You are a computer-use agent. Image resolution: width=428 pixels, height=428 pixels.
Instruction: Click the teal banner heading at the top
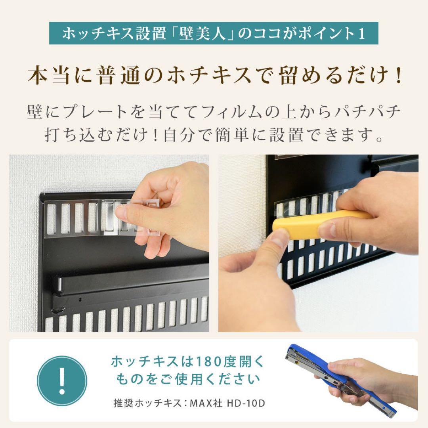click(x=214, y=33)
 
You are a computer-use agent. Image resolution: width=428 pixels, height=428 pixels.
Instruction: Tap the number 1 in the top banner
click(x=361, y=34)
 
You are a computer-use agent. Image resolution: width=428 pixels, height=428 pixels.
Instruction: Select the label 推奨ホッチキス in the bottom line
click(x=139, y=403)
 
